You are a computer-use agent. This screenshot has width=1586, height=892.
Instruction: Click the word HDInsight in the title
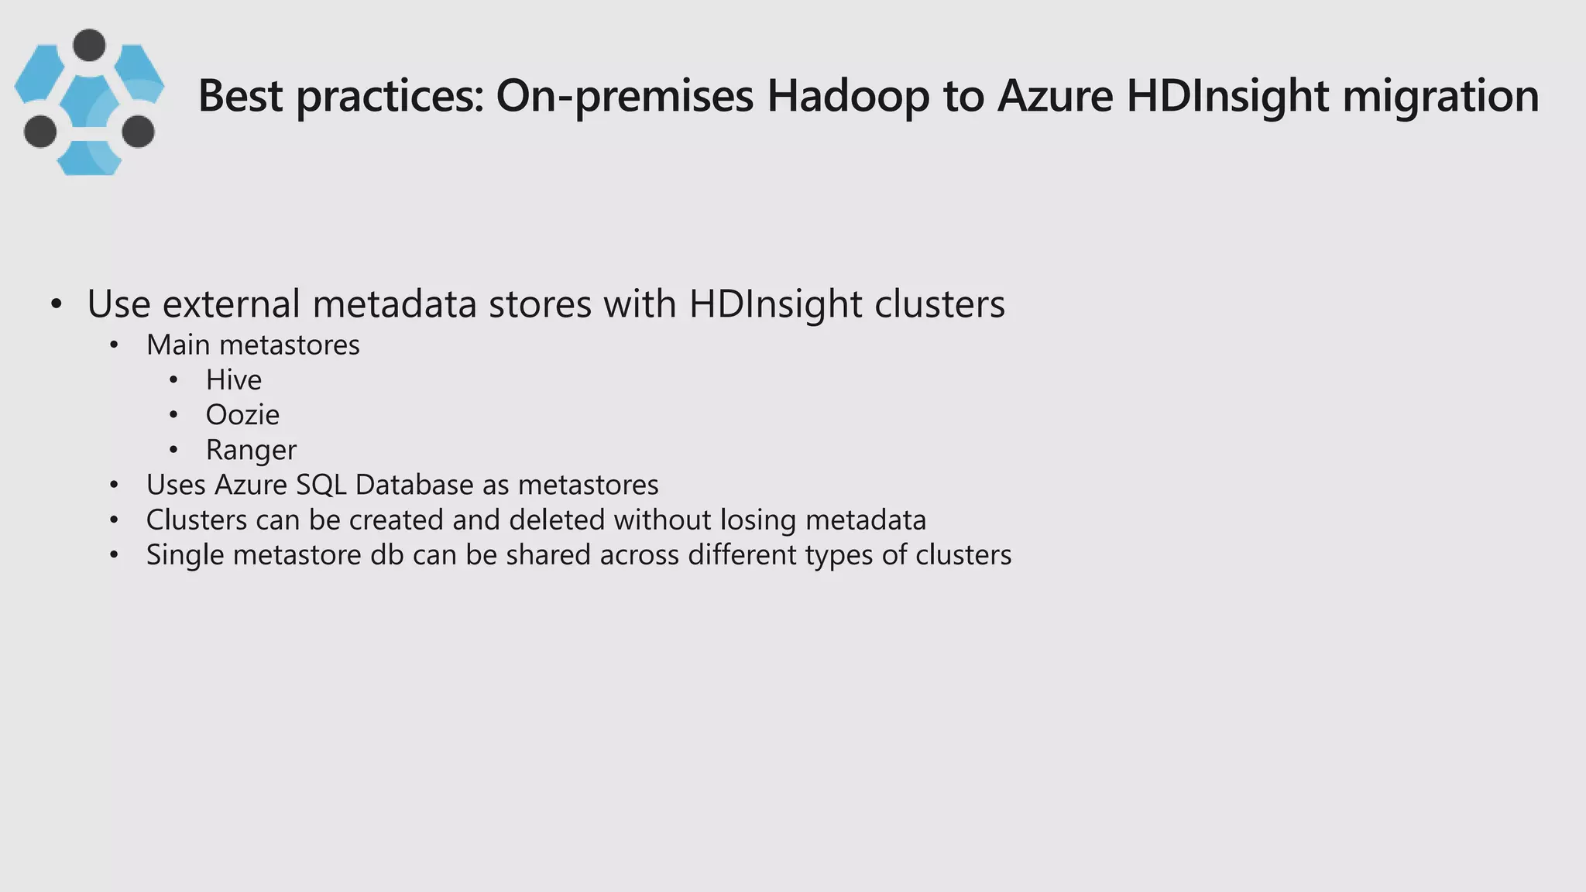(x=1227, y=96)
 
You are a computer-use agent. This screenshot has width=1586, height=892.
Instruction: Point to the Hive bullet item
(x=233, y=380)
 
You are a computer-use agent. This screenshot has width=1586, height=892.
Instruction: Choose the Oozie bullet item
(x=242, y=415)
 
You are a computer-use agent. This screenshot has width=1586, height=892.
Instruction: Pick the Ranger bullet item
(x=251, y=450)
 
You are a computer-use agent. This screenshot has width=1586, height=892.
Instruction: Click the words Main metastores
(x=252, y=345)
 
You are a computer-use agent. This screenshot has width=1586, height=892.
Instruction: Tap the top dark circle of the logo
(x=89, y=45)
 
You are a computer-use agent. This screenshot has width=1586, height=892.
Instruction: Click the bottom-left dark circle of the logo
(x=40, y=131)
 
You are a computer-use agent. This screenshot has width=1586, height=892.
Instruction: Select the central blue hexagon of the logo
(x=89, y=102)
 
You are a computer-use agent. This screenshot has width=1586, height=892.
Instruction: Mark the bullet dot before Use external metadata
(x=56, y=304)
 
